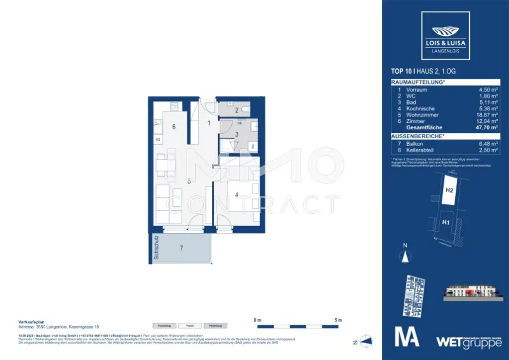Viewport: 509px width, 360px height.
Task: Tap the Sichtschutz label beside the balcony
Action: [156, 249]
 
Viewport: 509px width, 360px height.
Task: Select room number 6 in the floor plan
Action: [173, 127]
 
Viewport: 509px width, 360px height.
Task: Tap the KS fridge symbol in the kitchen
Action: [158, 140]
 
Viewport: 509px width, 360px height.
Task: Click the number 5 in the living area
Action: [189, 182]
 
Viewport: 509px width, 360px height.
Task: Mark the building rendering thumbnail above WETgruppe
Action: [471, 294]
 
